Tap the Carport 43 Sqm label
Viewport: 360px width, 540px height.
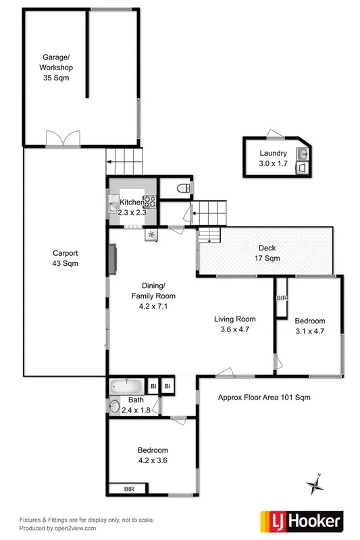coord(66,259)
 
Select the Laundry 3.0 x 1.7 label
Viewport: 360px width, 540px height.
coord(273,158)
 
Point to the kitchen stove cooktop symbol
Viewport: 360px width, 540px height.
coord(149,200)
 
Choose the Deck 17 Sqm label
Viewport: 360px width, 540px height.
coord(267,253)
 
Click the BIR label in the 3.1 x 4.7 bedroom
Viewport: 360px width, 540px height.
coord(281,298)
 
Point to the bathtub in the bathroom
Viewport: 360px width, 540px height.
coord(127,386)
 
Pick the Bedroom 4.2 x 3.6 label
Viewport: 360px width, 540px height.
coord(153,455)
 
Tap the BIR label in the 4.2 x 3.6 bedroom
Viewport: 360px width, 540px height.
coord(128,488)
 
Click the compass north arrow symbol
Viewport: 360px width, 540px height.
coord(315,484)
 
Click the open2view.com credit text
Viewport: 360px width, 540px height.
coord(58,529)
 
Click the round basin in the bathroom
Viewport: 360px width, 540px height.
coord(115,406)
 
